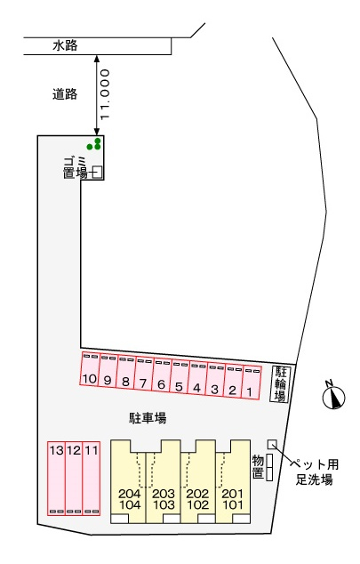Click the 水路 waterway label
pyautogui.click(x=65, y=45)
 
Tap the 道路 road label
pyautogui.click(x=65, y=94)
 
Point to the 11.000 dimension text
pyautogui.click(x=105, y=94)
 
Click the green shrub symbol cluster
pyautogui.click(x=94, y=144)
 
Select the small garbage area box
pyautogui.click(x=98, y=172)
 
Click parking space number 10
pyautogui.click(x=90, y=369)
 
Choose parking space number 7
pyautogui.click(x=143, y=375)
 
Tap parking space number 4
pyautogui.click(x=197, y=378)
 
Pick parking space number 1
pyautogui.click(x=252, y=383)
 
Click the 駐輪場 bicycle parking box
pyautogui.click(x=280, y=383)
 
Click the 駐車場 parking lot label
pyautogui.click(x=148, y=418)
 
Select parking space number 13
pyautogui.click(x=56, y=478)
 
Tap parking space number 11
pyautogui.click(x=92, y=478)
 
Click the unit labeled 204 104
pyautogui.click(x=128, y=482)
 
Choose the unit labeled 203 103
pyautogui.click(x=164, y=482)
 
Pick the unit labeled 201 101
pyautogui.click(x=233, y=482)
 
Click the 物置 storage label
pyautogui.click(x=258, y=466)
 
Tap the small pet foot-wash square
pyautogui.click(x=272, y=444)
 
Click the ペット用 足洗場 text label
pyautogui.click(x=314, y=471)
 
